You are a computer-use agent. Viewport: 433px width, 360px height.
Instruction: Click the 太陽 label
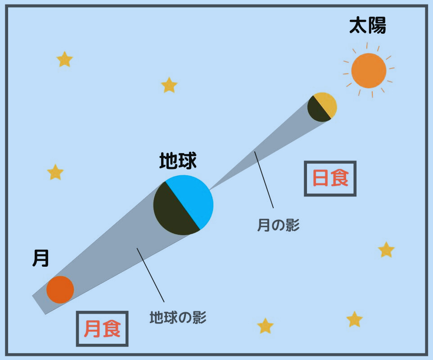coord(368,26)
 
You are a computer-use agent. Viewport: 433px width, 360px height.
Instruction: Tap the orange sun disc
coord(369,71)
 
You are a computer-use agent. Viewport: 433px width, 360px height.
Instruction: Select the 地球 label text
coord(178,161)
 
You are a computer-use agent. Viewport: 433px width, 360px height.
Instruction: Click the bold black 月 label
coord(41,258)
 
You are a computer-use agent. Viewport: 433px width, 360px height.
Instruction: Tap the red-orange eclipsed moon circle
coord(60,290)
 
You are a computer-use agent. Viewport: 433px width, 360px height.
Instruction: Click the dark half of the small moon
coord(318,110)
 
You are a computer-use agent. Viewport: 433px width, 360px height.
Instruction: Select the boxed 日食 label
coord(330,178)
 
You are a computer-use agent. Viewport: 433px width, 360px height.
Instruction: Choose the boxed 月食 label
coord(102,329)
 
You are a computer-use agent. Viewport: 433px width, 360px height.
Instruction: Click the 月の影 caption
coord(278,225)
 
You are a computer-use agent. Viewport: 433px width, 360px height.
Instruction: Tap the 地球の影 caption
coord(178,317)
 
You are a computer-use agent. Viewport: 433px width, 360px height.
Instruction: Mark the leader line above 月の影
coord(264,180)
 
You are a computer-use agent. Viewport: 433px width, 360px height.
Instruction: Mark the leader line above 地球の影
coord(150,275)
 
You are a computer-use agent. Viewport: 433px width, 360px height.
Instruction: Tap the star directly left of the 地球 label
coord(55,172)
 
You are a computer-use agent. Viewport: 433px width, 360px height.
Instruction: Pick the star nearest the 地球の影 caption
coord(265,326)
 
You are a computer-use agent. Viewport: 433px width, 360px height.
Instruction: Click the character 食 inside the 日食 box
coord(340,178)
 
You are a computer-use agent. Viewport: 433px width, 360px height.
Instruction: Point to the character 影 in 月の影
coord(293,225)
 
